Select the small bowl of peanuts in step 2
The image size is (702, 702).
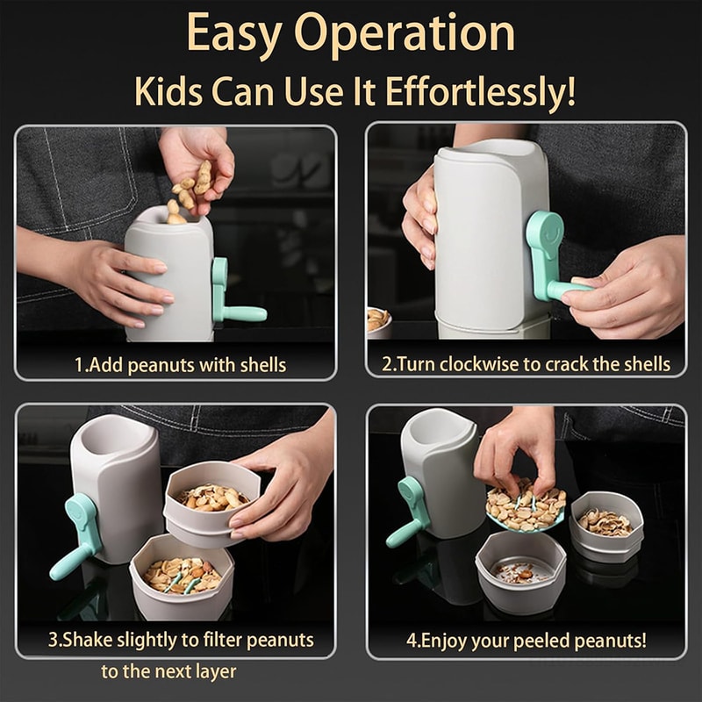coord(378,319)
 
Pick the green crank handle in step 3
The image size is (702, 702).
coord(76,536)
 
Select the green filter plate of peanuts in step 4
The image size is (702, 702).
coord(525,509)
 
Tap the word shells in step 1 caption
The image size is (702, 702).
coord(261,364)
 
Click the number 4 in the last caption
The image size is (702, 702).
coord(411,640)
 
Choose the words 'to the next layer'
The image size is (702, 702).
coord(168,672)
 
